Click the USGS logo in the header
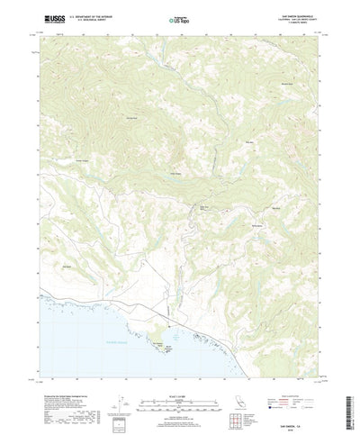tap(46, 18)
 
